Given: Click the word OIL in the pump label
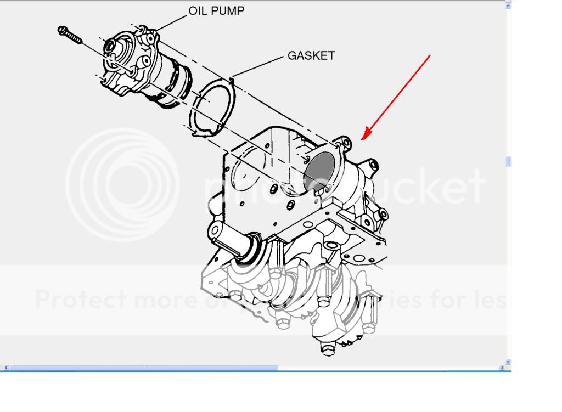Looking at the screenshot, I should click(x=199, y=11).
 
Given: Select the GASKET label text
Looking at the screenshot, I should click(x=311, y=56).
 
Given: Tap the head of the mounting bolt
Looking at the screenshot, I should click(x=63, y=30).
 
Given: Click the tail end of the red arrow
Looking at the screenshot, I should click(x=429, y=55).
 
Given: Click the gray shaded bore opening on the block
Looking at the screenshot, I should click(x=322, y=170).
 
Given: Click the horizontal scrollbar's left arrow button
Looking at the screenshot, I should click(x=5, y=368).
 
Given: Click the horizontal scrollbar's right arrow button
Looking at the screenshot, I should click(x=502, y=368).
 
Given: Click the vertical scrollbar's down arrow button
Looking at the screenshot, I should click(x=508, y=362).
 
